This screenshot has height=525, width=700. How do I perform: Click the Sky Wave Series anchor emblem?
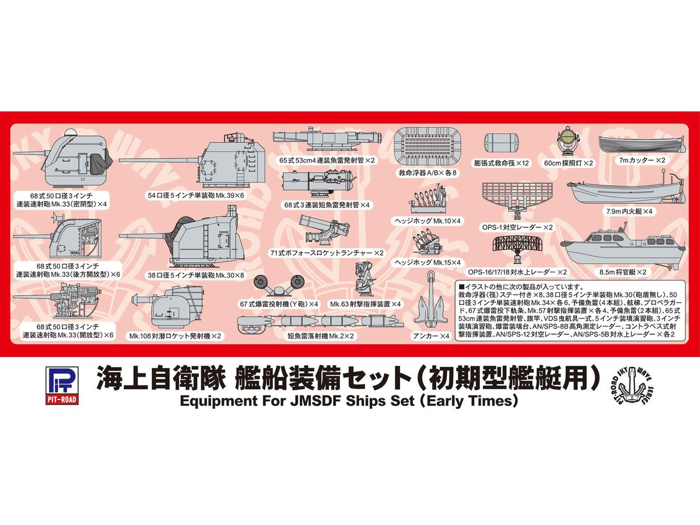636,385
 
